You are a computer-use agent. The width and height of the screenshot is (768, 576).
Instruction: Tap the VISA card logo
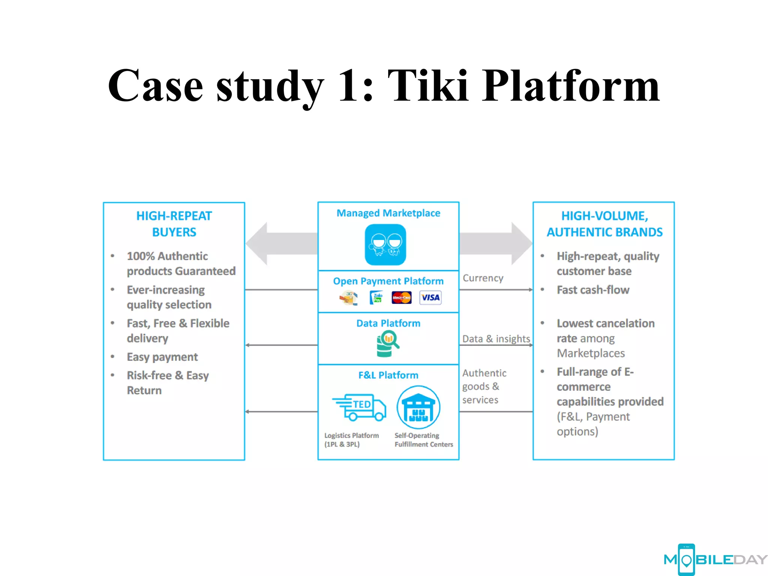[430, 297]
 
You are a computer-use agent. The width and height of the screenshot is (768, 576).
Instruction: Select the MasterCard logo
[401, 298]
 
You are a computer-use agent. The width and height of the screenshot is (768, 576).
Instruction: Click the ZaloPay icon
[376, 298]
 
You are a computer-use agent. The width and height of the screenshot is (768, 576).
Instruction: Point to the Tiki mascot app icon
[385, 244]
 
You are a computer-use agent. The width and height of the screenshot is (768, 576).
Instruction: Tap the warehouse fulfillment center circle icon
[418, 408]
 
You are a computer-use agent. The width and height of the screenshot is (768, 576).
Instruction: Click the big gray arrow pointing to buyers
[281, 244]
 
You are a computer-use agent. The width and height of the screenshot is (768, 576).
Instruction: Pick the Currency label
[483, 278]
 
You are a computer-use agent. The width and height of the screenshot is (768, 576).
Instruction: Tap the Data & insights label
[496, 339]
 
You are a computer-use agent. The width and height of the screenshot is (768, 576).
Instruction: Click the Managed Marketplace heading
[388, 213]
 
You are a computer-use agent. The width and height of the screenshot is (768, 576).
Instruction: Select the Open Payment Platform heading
[388, 281]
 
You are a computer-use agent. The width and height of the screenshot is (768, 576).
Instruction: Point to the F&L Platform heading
[388, 375]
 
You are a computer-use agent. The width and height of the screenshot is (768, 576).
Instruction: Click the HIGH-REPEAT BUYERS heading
[174, 224]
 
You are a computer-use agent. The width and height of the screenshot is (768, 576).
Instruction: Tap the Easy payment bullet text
[162, 357]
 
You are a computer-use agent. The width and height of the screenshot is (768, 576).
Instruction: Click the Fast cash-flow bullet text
[592, 290]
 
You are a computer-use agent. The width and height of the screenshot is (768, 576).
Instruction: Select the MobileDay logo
[715, 559]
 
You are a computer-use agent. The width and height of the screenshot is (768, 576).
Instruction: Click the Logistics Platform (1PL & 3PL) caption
[351, 440]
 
